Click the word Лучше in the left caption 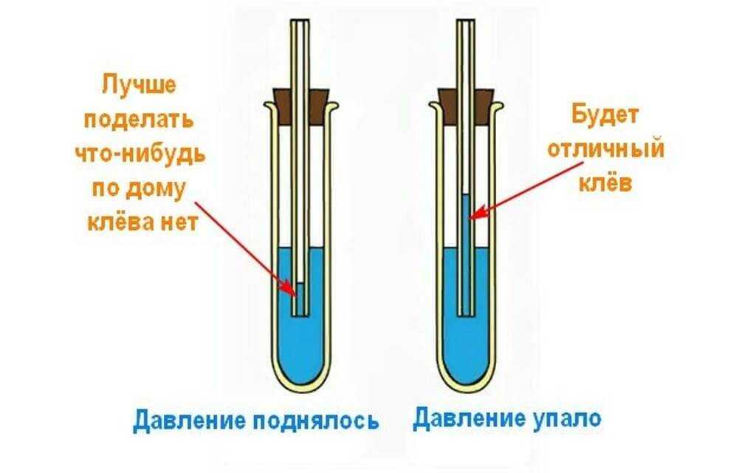click(x=140, y=86)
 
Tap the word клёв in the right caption click(x=607, y=183)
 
